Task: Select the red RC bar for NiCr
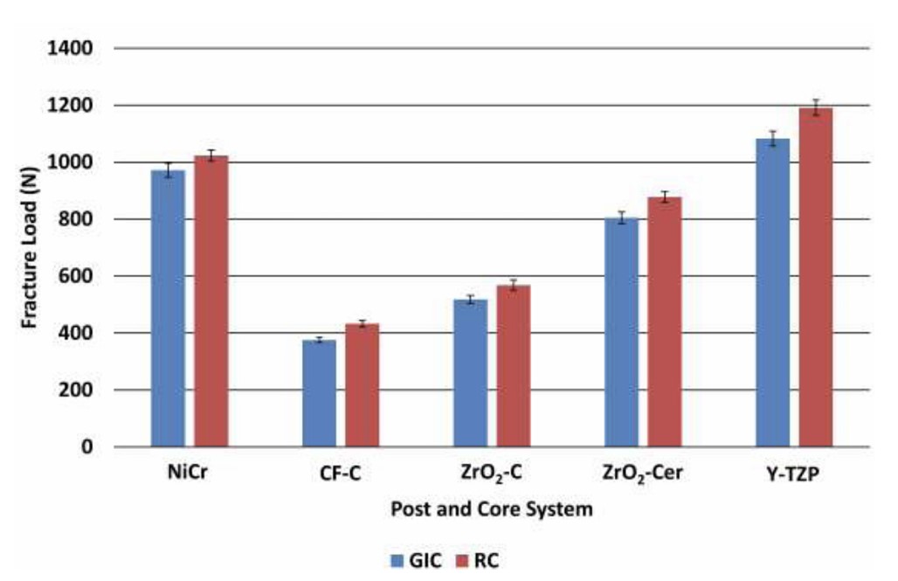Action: pos(211,301)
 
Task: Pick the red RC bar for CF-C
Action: pos(362,385)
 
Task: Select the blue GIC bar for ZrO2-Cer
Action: pos(621,332)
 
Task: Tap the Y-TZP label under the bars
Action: pos(793,476)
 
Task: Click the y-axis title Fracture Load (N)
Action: pos(30,247)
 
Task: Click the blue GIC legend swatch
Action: pos(397,560)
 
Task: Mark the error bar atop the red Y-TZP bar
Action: pos(815,107)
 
